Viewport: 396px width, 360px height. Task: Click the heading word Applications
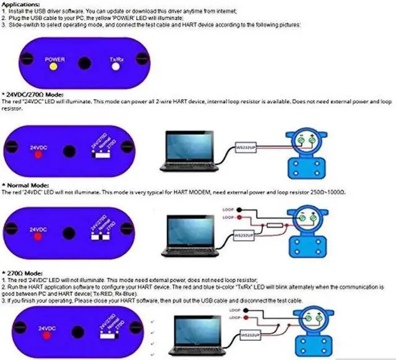click(x=22, y=4)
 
